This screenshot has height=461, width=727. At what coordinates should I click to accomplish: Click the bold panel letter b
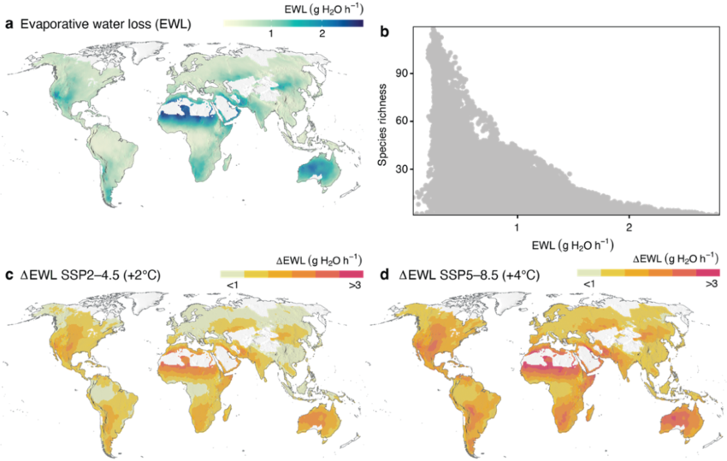coord(385,32)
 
